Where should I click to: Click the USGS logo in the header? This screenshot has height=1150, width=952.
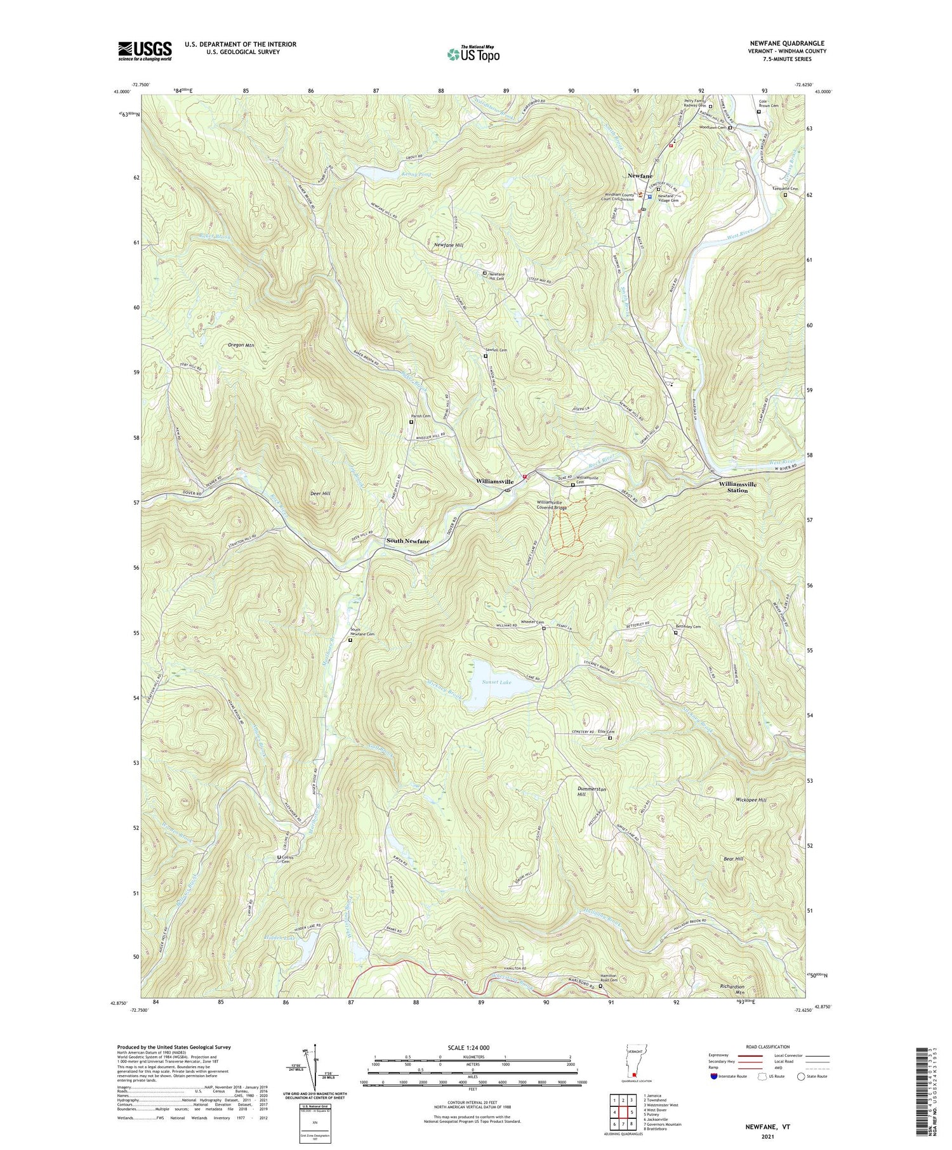click(145, 51)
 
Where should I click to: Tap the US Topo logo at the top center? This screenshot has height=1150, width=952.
click(473, 55)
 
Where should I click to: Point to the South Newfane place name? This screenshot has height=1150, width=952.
click(408, 541)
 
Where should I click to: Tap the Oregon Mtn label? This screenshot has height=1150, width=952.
click(241, 345)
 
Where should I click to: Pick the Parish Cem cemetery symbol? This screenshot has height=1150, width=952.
click(411, 422)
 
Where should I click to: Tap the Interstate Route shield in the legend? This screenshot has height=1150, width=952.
click(715, 1076)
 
